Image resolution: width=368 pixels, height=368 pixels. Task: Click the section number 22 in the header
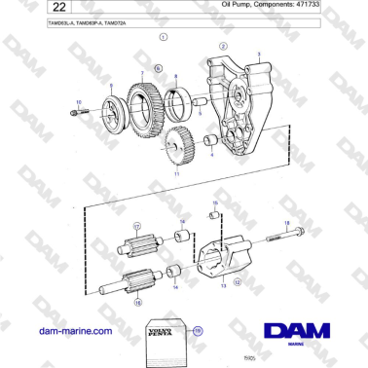tap(28, 9)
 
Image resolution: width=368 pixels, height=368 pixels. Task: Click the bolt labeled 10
tap(77, 114)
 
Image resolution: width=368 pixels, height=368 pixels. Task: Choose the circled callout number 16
tap(138, 302)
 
